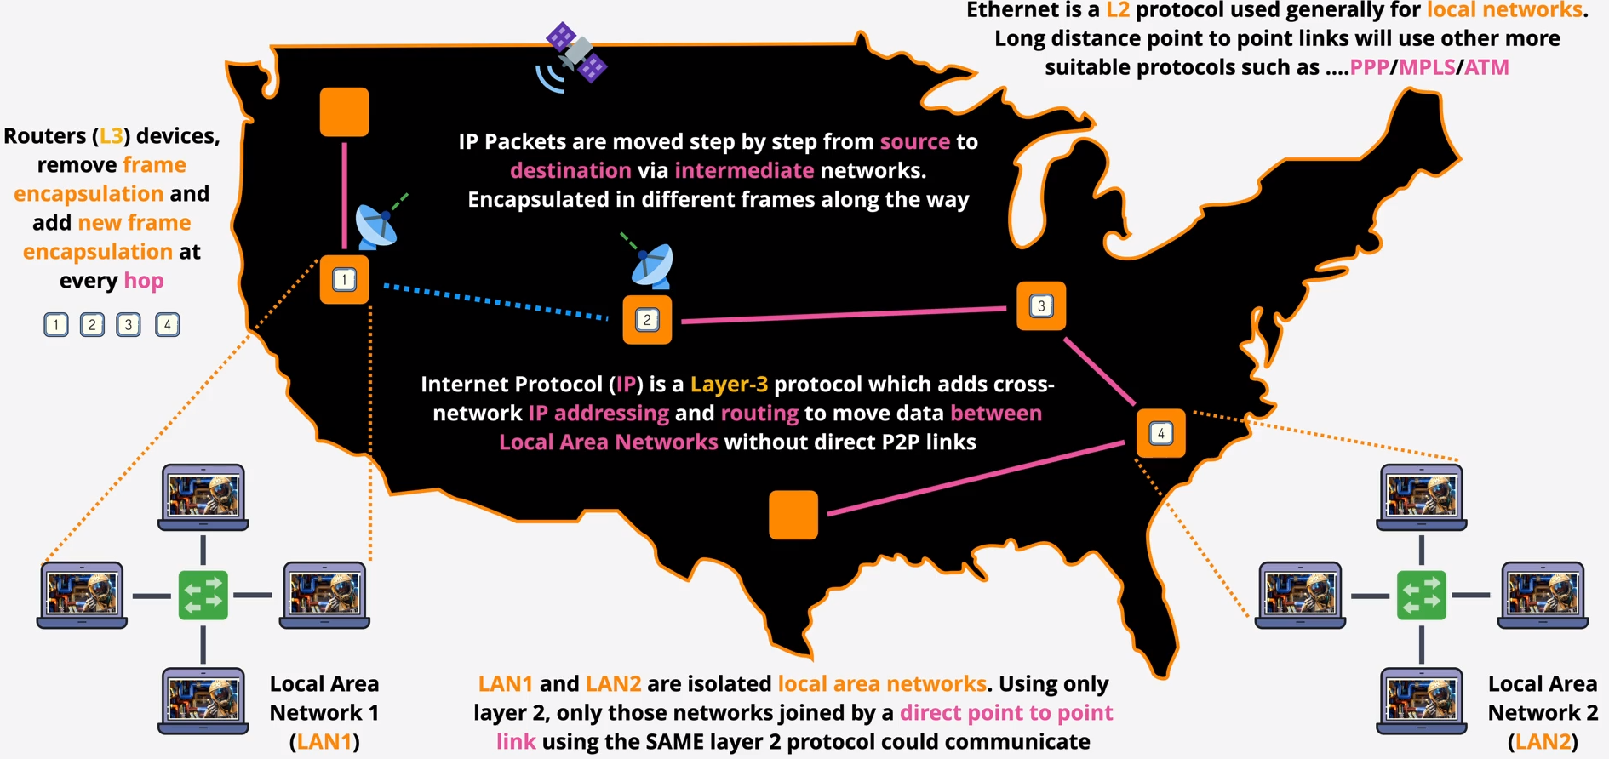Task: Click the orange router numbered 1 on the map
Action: pyautogui.click(x=344, y=279)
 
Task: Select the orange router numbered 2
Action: pyautogui.click(x=647, y=320)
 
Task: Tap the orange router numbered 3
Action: pyautogui.click(x=1040, y=306)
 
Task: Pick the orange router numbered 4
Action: pyautogui.click(x=1160, y=434)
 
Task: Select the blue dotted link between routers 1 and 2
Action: pyautogui.click(x=495, y=302)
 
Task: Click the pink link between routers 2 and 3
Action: pyautogui.click(x=843, y=315)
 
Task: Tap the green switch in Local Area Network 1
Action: pyautogui.click(x=203, y=595)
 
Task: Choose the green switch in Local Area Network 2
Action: pyautogui.click(x=1421, y=595)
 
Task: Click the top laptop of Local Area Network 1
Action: pyautogui.click(x=203, y=497)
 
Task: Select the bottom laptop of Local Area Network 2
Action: pyautogui.click(x=1421, y=700)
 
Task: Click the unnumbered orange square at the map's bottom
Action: pyautogui.click(x=793, y=515)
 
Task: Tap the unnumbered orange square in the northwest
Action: pyautogui.click(x=344, y=111)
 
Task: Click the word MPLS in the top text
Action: pyautogui.click(x=1427, y=67)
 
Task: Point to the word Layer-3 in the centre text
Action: pyautogui.click(x=729, y=385)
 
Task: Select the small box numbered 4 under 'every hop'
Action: pyautogui.click(x=167, y=324)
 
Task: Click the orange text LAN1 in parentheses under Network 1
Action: pyautogui.click(x=324, y=742)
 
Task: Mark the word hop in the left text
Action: pyautogui.click(x=144, y=281)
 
